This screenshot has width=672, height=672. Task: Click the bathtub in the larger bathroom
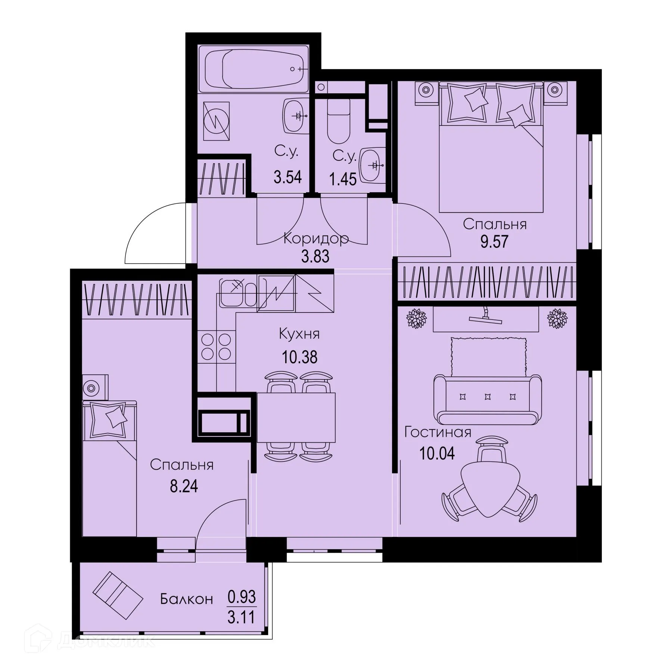pos(253,69)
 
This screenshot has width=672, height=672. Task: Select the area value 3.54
pos(287,177)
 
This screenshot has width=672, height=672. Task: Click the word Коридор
pos(316,238)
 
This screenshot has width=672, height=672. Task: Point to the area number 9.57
pos(494,242)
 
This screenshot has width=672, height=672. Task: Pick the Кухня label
pos(299,334)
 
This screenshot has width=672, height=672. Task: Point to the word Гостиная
pos(438,432)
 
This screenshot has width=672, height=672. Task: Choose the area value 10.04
pos(437,453)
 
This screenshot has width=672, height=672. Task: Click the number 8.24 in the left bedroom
pos(184,486)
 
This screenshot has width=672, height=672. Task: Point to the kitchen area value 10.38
pos(299,357)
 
